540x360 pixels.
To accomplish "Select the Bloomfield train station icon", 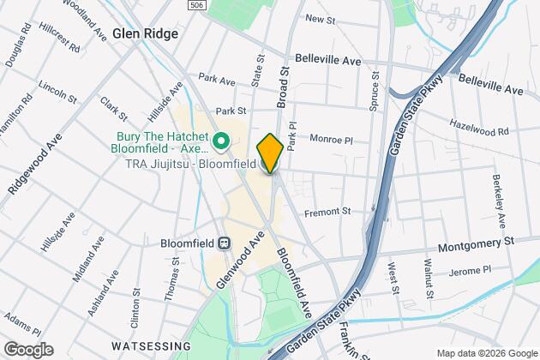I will [225, 243].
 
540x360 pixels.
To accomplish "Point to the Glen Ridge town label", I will [144, 34].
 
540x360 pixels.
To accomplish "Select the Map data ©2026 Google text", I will [485, 352].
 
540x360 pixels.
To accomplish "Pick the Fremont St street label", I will [329, 212].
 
